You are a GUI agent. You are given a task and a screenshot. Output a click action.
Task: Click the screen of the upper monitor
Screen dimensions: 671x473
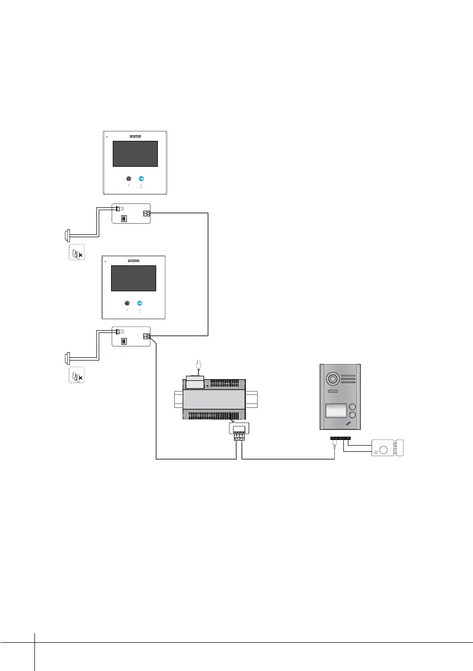[x=135, y=154]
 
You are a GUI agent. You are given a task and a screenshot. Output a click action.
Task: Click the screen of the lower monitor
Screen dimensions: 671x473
[x=133, y=278]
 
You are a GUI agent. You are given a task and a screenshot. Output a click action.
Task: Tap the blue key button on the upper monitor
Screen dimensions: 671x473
[x=141, y=179]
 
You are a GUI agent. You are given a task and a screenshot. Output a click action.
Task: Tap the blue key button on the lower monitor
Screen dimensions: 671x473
[x=139, y=303]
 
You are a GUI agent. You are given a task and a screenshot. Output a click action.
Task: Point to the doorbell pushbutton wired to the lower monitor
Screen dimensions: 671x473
[x=67, y=357]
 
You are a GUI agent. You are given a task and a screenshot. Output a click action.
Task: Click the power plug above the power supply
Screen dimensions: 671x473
[x=196, y=370]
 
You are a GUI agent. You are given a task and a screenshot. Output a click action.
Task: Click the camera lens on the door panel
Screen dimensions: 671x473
[x=333, y=378]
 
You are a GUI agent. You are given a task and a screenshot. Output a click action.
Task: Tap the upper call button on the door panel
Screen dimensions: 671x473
[x=352, y=407]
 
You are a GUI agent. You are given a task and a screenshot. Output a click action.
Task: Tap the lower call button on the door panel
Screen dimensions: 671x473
[x=352, y=417]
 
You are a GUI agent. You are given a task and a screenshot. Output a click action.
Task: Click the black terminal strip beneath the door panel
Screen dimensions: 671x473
[x=340, y=438]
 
